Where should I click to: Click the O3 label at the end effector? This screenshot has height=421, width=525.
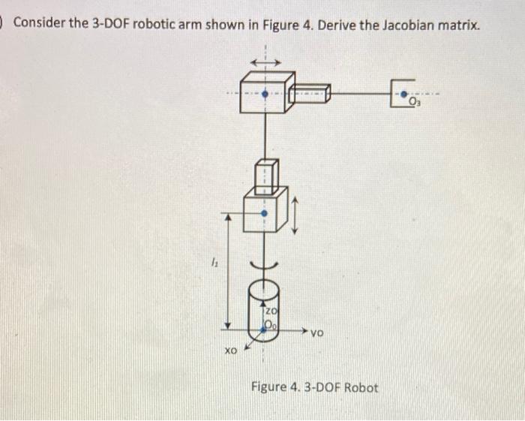[x=417, y=102]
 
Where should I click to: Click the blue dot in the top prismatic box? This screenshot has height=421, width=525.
[x=264, y=95]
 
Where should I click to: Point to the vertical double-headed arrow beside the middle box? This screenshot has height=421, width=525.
[x=295, y=215]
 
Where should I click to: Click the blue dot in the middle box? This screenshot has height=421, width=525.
[x=264, y=212]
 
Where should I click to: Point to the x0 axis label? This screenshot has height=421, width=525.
[x=231, y=350]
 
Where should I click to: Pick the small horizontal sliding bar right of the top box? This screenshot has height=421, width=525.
[x=310, y=95]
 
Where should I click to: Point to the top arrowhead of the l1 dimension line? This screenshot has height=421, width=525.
[x=230, y=215]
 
